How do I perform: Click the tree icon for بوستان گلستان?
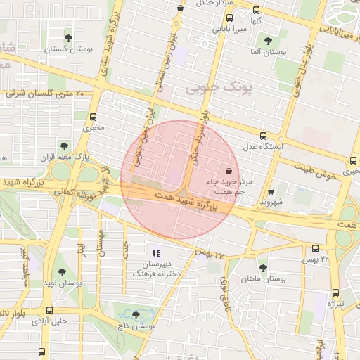tap(68, 38)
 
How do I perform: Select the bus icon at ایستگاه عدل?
tap(263, 136)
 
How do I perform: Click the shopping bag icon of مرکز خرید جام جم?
tap(229, 171)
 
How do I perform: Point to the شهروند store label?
tap(271, 200)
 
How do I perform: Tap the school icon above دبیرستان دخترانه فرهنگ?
tap(156, 252)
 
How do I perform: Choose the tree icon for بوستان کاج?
tap(136, 316)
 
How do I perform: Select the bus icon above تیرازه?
tap(335, 292)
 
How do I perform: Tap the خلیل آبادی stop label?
tap(49, 321)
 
